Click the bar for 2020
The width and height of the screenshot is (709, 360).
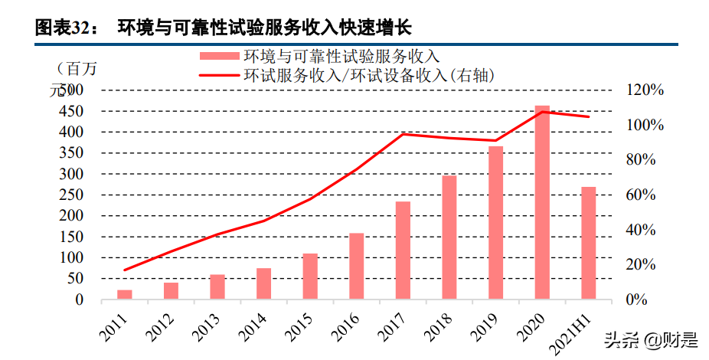(x=542, y=202)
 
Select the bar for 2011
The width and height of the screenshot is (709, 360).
(x=125, y=294)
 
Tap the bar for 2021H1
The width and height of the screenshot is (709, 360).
(x=588, y=243)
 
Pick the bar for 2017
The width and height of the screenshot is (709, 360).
(x=403, y=250)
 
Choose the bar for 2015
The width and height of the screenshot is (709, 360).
(x=310, y=276)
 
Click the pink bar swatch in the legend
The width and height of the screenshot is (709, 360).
(x=220, y=56)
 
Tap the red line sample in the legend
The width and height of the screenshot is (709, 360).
(x=220, y=75)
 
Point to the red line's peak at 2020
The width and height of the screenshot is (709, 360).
(x=542, y=112)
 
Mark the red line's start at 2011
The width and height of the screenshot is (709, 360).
(x=125, y=270)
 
